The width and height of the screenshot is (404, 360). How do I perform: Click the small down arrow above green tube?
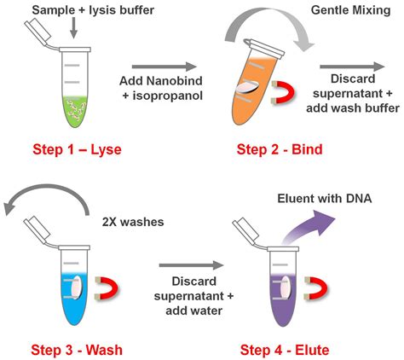tap(75, 30)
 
